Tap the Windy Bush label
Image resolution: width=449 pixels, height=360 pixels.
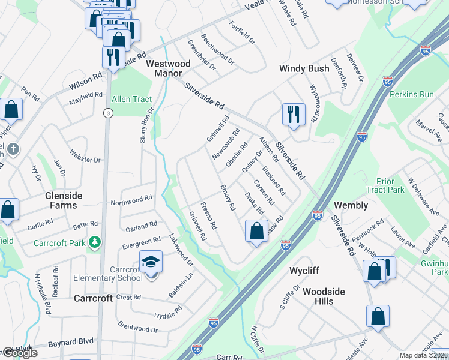(304, 68)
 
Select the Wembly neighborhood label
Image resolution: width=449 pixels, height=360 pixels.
(351, 205)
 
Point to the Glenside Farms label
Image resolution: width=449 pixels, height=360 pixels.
(61, 200)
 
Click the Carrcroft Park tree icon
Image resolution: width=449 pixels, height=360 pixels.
(94, 242)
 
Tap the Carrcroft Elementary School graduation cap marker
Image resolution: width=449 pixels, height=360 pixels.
(151, 262)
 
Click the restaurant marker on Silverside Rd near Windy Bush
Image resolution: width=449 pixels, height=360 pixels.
(294, 114)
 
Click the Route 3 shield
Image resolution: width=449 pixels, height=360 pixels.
(107, 113)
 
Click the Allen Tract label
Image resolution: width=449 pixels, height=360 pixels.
(132, 99)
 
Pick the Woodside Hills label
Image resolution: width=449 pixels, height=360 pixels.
(324, 296)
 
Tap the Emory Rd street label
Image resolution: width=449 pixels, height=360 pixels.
(228, 197)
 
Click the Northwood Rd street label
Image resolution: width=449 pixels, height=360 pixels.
(131, 199)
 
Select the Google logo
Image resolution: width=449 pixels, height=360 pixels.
(20, 353)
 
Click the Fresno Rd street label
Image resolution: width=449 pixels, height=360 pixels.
(208, 218)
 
